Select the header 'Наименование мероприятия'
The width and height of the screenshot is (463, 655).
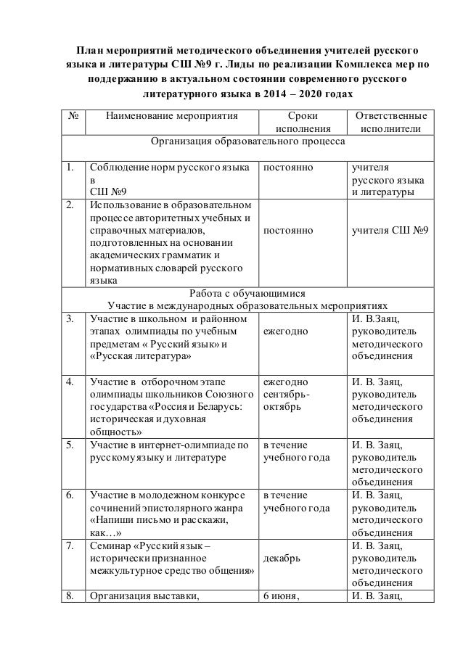pyautogui.click(x=171, y=115)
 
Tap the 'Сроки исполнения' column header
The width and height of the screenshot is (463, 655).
pyautogui.click(x=302, y=122)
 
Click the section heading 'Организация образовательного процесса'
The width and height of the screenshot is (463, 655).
pyautogui.click(x=247, y=141)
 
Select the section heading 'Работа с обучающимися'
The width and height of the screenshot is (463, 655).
pyautogui.click(x=247, y=293)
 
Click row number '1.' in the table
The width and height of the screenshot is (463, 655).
pyautogui.click(x=70, y=167)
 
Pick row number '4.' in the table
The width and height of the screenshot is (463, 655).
pyautogui.click(x=70, y=382)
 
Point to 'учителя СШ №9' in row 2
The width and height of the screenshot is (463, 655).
pyautogui.click(x=389, y=230)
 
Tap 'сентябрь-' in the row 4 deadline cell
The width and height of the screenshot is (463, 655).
pyautogui.click(x=287, y=394)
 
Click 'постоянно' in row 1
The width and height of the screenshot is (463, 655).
pyautogui.click(x=288, y=167)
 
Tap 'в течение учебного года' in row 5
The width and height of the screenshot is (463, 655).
pyautogui.click(x=296, y=450)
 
